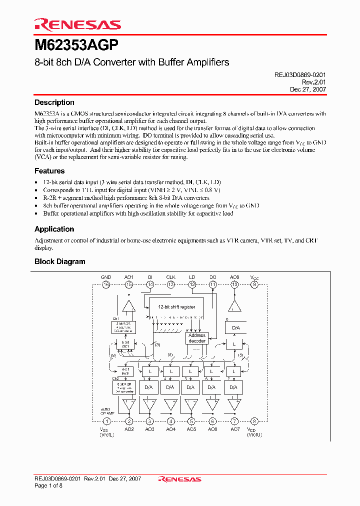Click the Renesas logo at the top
point(77,24)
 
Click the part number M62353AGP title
point(76,45)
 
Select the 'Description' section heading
point(54,102)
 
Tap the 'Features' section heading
point(49,171)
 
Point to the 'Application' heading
point(54,229)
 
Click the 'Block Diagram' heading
point(59,261)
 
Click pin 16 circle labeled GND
point(106,284)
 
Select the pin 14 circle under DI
point(150,284)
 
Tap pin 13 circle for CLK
point(170,284)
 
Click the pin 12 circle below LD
point(192,284)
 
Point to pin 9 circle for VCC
point(254,284)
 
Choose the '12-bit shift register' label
point(176,306)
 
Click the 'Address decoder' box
point(196,338)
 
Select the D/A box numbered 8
point(234,328)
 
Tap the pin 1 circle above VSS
point(106,421)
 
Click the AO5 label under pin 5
point(191,429)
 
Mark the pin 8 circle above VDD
point(254,421)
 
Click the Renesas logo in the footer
point(179,479)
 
